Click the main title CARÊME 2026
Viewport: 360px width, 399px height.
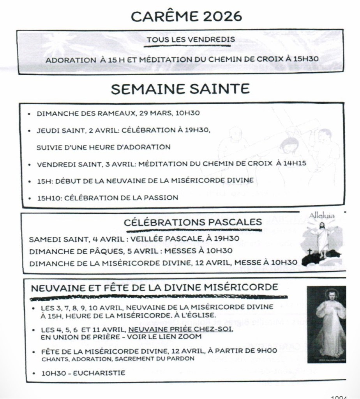[186, 16]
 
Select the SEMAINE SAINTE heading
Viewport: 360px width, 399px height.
[180, 89]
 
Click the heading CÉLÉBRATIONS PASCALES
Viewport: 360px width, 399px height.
[193, 222]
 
